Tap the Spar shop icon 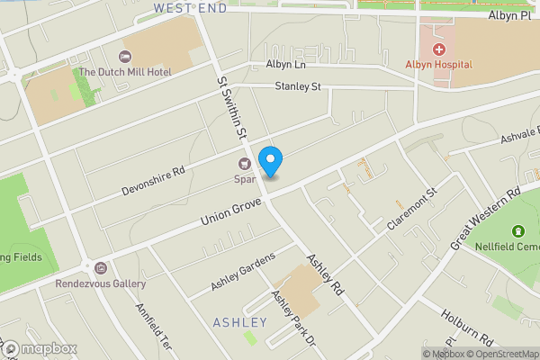click(x=244, y=164)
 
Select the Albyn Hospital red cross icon click(x=439, y=49)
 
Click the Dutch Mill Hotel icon click(x=124, y=57)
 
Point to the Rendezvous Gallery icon click(x=100, y=268)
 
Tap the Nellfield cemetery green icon click(x=517, y=233)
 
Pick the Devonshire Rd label click(x=153, y=181)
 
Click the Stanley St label click(x=298, y=87)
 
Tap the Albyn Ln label click(x=287, y=66)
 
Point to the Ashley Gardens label click(x=242, y=272)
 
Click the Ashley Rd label click(x=326, y=275)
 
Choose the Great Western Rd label click(x=486, y=219)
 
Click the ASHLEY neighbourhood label click(x=240, y=322)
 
